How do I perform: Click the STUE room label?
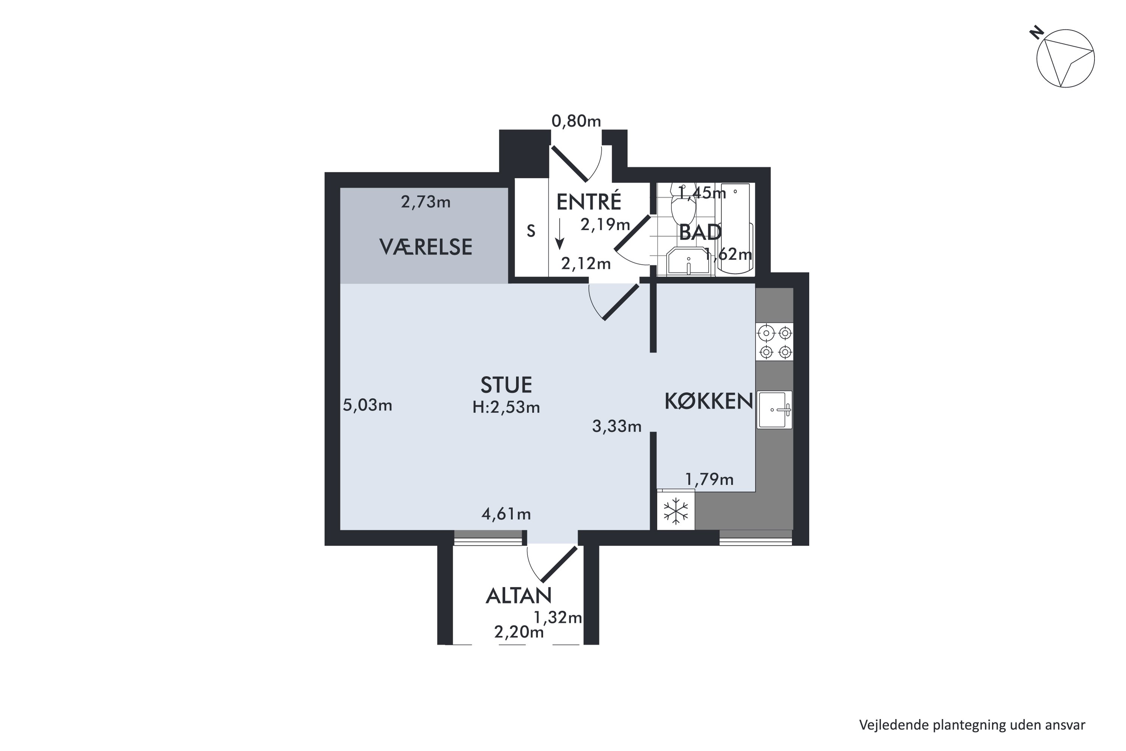coord(506,385)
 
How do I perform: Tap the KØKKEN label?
coord(709,401)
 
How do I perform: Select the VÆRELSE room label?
coord(426,247)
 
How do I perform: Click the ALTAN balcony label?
coord(518,596)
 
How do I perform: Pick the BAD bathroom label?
coord(700,233)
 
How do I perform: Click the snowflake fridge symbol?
coord(676,511)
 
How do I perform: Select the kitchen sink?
coord(774,410)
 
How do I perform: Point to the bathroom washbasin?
coord(688,261)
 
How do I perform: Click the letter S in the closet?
coord(531,231)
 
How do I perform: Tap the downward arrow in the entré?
coord(559,234)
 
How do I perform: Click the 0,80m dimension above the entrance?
coord(576,122)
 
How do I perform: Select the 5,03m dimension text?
coord(367,406)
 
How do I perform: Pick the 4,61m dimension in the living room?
coord(506,514)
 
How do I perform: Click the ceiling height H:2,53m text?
coord(506,407)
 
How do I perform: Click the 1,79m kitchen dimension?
coord(709,480)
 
